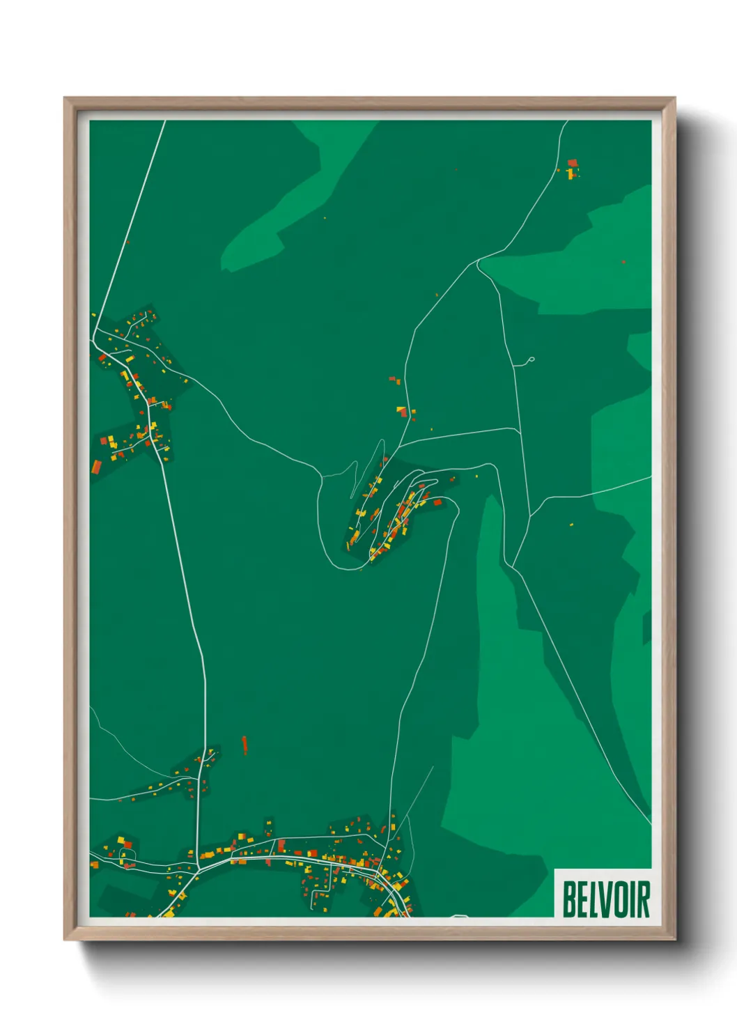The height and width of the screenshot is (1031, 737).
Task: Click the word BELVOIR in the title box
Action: pos(605,899)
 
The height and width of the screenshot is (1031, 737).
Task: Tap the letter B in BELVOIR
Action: pos(568,899)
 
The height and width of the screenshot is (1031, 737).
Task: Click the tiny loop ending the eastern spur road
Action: pos(531,360)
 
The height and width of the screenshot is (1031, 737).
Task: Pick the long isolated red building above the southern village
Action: pos(244,745)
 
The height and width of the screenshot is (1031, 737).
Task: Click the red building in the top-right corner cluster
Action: pos(573,163)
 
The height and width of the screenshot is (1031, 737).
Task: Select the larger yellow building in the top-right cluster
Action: pos(572,173)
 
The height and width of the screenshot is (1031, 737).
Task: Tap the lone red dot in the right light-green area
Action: pos(623,262)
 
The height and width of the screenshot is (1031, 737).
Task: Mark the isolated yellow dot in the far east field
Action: pos(572,524)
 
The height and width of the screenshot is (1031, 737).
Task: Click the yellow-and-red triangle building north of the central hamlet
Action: pos(402,411)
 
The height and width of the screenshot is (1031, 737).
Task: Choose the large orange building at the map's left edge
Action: pos(95,466)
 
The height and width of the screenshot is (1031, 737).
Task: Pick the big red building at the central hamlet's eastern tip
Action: pos(438,502)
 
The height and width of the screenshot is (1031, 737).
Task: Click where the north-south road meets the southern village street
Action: pos(199,867)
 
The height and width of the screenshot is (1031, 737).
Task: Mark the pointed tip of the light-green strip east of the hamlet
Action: pos(492,496)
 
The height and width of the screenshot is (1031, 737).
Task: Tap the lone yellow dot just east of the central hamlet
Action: pos(477,476)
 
